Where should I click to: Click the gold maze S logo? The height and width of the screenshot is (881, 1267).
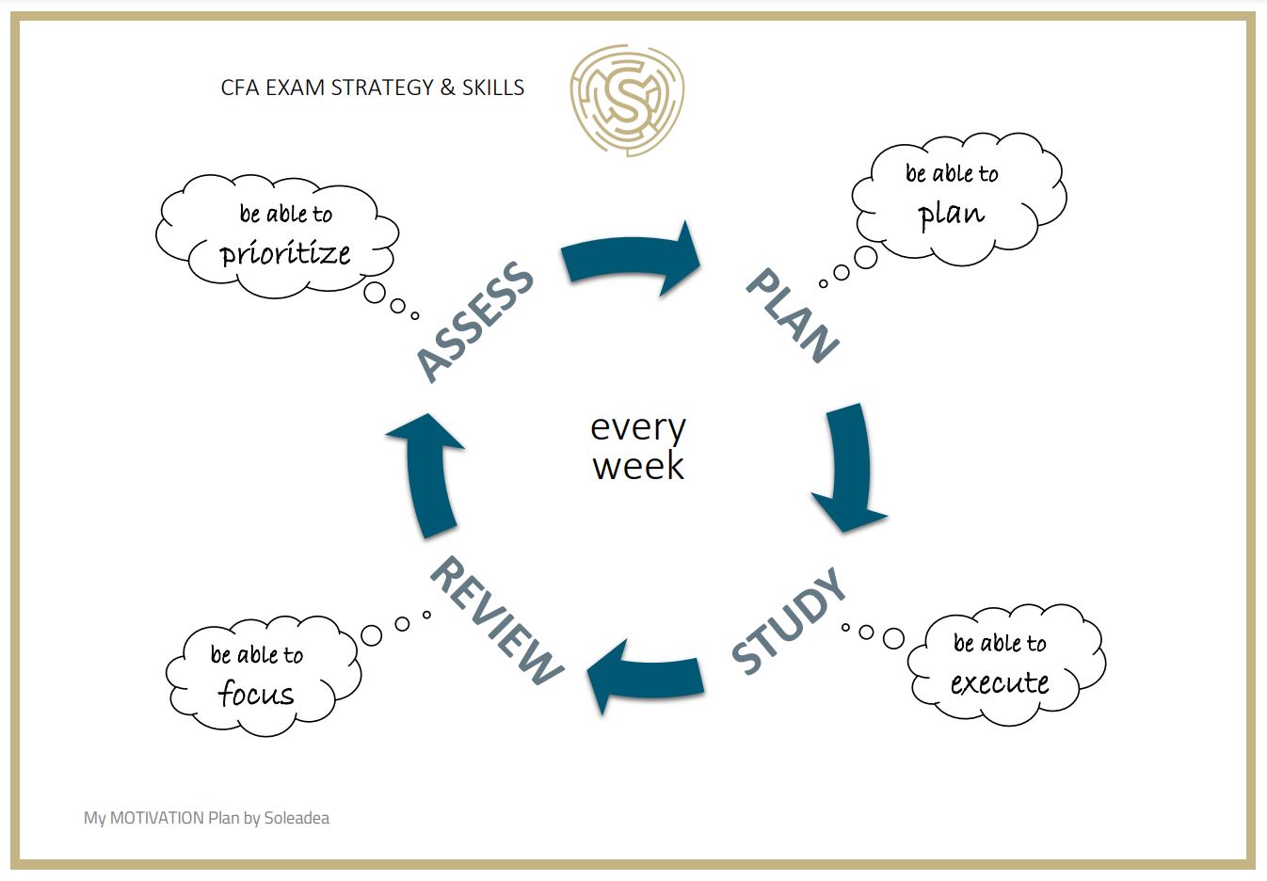[627, 98]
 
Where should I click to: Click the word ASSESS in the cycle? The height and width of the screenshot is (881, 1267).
[474, 321]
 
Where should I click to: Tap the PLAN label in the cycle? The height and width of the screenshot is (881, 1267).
[792, 314]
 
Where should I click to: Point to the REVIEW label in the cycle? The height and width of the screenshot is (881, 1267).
[495, 619]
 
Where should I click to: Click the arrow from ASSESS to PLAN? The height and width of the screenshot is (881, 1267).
[631, 260]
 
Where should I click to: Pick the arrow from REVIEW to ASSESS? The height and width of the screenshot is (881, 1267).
[427, 472]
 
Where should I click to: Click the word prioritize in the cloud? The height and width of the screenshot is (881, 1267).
[285, 253]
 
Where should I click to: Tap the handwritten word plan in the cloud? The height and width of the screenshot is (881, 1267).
[951, 214]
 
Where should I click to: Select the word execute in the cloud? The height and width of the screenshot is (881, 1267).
[1000, 682]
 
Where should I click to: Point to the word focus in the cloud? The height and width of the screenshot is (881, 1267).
[256, 694]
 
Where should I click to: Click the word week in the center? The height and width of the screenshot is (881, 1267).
[638, 467]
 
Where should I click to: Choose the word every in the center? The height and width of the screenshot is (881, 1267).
[638, 428]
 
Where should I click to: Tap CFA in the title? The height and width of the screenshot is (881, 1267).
[240, 88]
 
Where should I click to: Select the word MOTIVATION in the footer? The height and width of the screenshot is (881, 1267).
[157, 818]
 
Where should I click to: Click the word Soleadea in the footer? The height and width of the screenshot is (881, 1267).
[297, 818]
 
